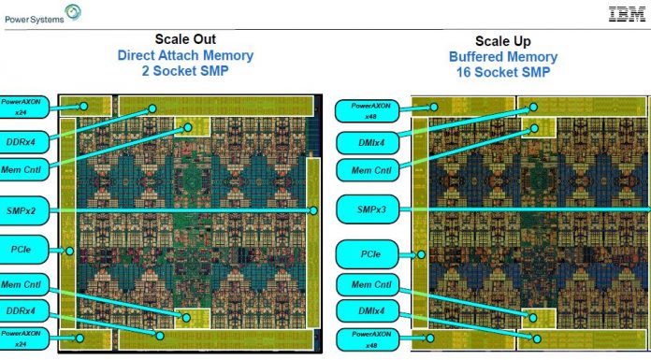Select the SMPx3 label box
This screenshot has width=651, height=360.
coord(363,209)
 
